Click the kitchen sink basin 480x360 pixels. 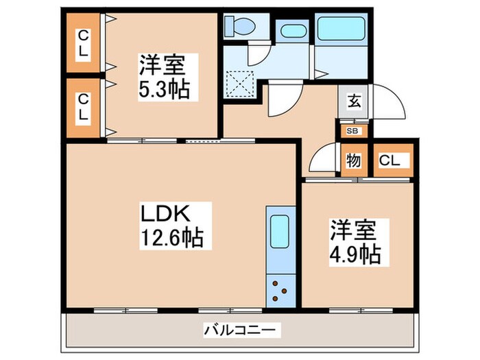[x=279, y=230]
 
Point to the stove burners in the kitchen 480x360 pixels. [x=279, y=289]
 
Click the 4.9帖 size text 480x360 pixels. [x=353, y=254]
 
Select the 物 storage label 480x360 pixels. [x=354, y=160]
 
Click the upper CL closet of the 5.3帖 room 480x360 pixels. [x=82, y=42]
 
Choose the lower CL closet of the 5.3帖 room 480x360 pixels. [x=82, y=108]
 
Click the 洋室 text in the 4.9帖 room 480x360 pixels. [x=351, y=229]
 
